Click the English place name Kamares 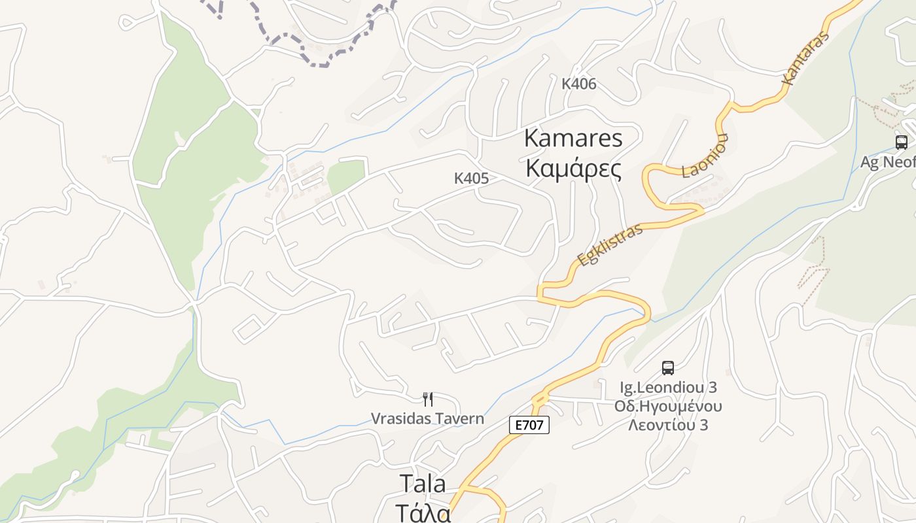point(573,139)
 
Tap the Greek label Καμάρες point(573,169)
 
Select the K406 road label point(579,84)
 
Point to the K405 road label point(471,178)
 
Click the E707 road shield point(529,425)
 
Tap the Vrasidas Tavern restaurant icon point(428,399)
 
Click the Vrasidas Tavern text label point(428,418)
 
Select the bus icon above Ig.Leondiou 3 point(667,367)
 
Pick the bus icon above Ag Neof point(901,142)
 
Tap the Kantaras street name point(805,58)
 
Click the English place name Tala point(423,484)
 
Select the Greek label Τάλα point(423,511)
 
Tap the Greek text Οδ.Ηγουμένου point(668,406)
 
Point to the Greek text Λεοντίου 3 point(668,425)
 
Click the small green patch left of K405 point(345,175)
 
